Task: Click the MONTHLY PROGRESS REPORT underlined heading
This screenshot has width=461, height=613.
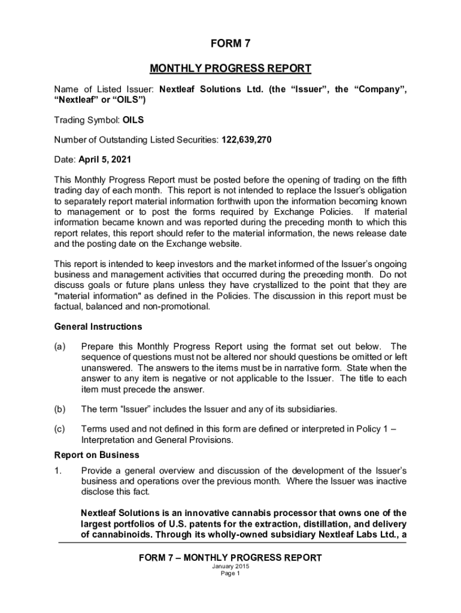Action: [230, 68]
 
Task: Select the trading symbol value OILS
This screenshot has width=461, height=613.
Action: [133, 120]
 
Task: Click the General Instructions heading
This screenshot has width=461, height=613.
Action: [98, 326]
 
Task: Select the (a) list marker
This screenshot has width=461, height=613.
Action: [60, 347]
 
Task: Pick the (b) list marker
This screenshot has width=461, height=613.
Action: [60, 409]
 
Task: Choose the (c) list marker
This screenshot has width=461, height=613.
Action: [60, 429]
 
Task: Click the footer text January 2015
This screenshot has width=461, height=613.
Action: [230, 566]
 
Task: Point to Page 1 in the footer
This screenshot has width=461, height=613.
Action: [230, 573]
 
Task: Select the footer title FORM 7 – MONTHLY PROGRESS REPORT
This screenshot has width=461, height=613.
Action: [230, 558]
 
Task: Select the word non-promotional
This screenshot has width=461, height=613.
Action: [180, 306]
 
